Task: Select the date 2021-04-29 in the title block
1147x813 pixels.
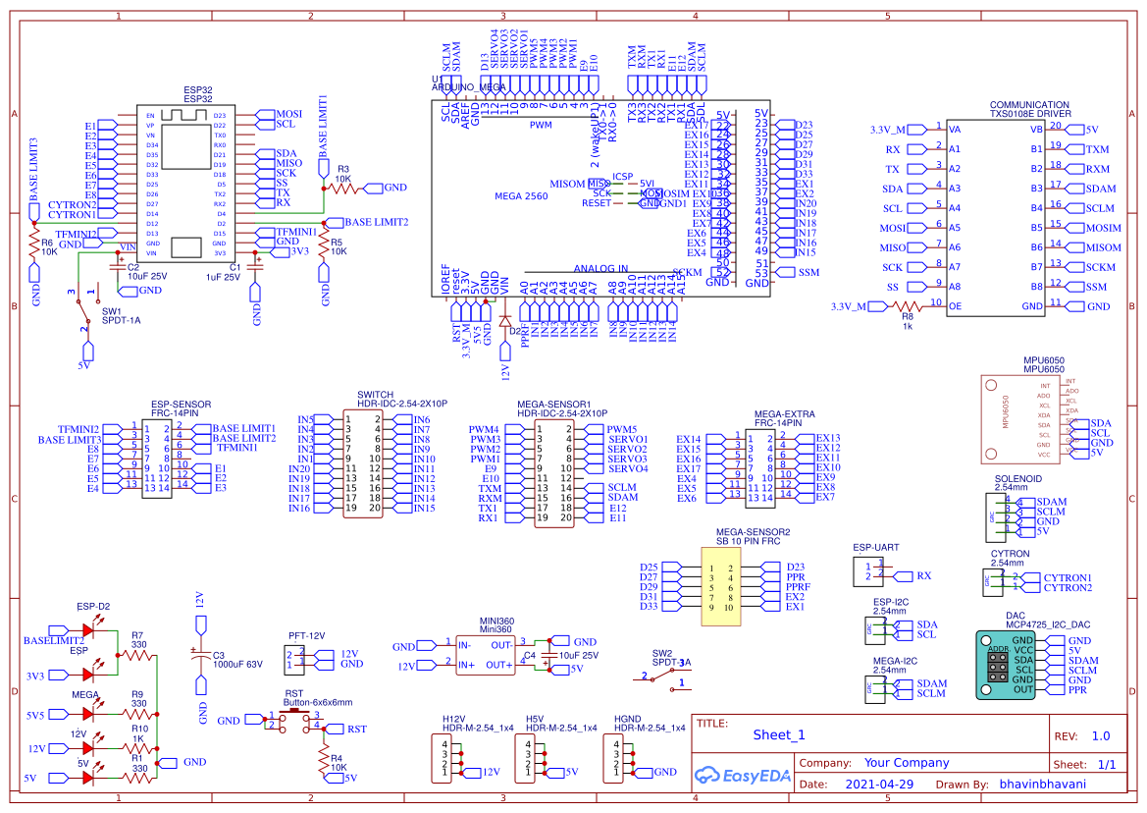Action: (x=878, y=785)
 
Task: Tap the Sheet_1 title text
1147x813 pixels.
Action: (x=779, y=734)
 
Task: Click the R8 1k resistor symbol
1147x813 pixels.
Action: (x=908, y=306)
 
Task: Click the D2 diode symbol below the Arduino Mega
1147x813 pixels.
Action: (x=505, y=320)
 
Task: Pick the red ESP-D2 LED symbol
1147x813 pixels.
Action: (x=89, y=630)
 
